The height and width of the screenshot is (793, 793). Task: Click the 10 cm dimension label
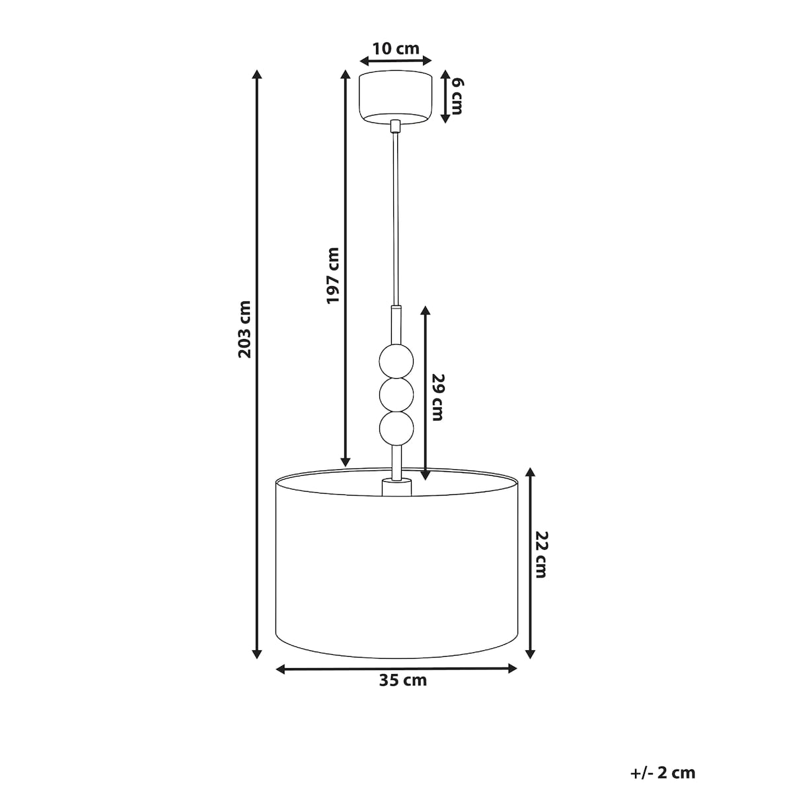click(396, 49)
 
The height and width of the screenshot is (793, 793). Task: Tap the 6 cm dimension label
click(457, 96)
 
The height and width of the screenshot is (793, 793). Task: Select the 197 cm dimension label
click(332, 276)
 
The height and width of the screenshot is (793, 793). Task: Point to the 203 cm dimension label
click(245, 329)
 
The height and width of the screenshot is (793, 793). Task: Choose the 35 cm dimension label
click(403, 680)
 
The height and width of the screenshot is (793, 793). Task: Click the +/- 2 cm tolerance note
click(663, 749)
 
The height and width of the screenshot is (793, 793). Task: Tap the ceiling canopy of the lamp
click(396, 96)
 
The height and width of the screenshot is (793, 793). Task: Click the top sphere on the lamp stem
click(396, 361)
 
